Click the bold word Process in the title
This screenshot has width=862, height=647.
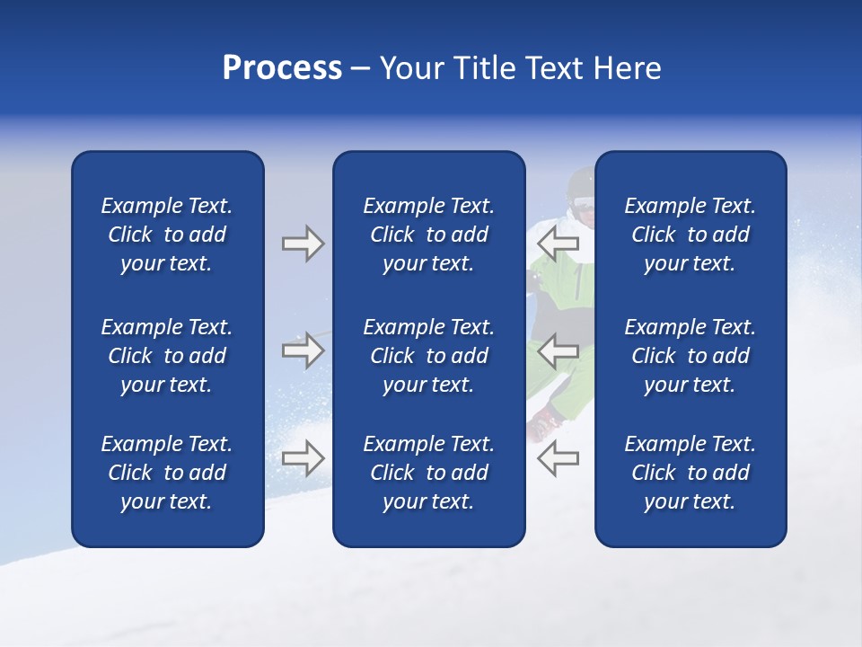[282, 68]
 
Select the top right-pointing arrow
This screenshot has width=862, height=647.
[303, 244]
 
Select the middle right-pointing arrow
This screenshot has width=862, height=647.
[303, 350]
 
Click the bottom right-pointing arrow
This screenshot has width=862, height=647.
[303, 458]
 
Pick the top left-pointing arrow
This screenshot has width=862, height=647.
[559, 242]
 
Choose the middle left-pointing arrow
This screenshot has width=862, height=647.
[559, 350]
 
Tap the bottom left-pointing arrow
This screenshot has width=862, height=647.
[559, 458]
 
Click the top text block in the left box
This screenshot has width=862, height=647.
[167, 235]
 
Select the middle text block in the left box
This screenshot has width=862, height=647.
[167, 356]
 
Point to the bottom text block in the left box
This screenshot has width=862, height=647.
[167, 473]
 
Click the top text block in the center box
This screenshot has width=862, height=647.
[428, 235]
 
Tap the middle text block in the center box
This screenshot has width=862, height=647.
[428, 356]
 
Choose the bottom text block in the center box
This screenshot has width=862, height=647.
[428, 473]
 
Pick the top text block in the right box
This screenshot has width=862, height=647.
[690, 235]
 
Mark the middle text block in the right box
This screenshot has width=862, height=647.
[690, 356]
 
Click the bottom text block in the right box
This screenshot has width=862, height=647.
[690, 473]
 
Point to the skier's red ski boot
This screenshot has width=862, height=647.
[544, 422]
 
